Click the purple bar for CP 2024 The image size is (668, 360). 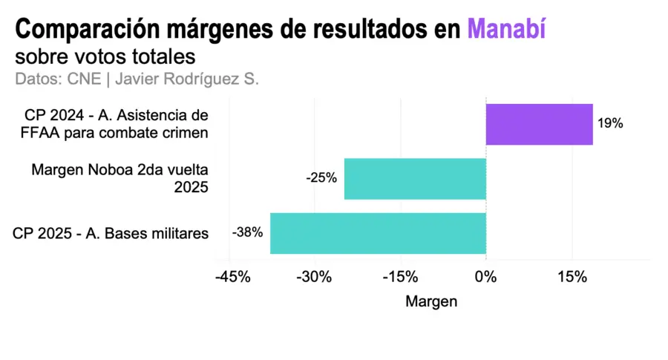point(539,124)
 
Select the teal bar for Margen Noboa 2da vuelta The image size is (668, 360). point(415,179)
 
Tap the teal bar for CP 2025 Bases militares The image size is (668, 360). point(378,233)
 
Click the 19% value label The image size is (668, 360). point(610,124)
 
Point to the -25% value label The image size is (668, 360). point(321,179)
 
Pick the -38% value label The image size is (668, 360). point(247,232)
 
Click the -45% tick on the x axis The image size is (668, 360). point(230,277)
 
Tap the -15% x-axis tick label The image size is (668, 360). point(401,277)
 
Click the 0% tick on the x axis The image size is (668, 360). point(486,277)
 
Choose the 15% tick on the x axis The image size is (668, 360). point(572,277)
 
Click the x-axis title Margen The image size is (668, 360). point(431,302)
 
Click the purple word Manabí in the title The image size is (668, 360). point(506,30)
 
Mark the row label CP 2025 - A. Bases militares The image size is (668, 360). point(111,233)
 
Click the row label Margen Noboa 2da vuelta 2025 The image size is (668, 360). point(120,179)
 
